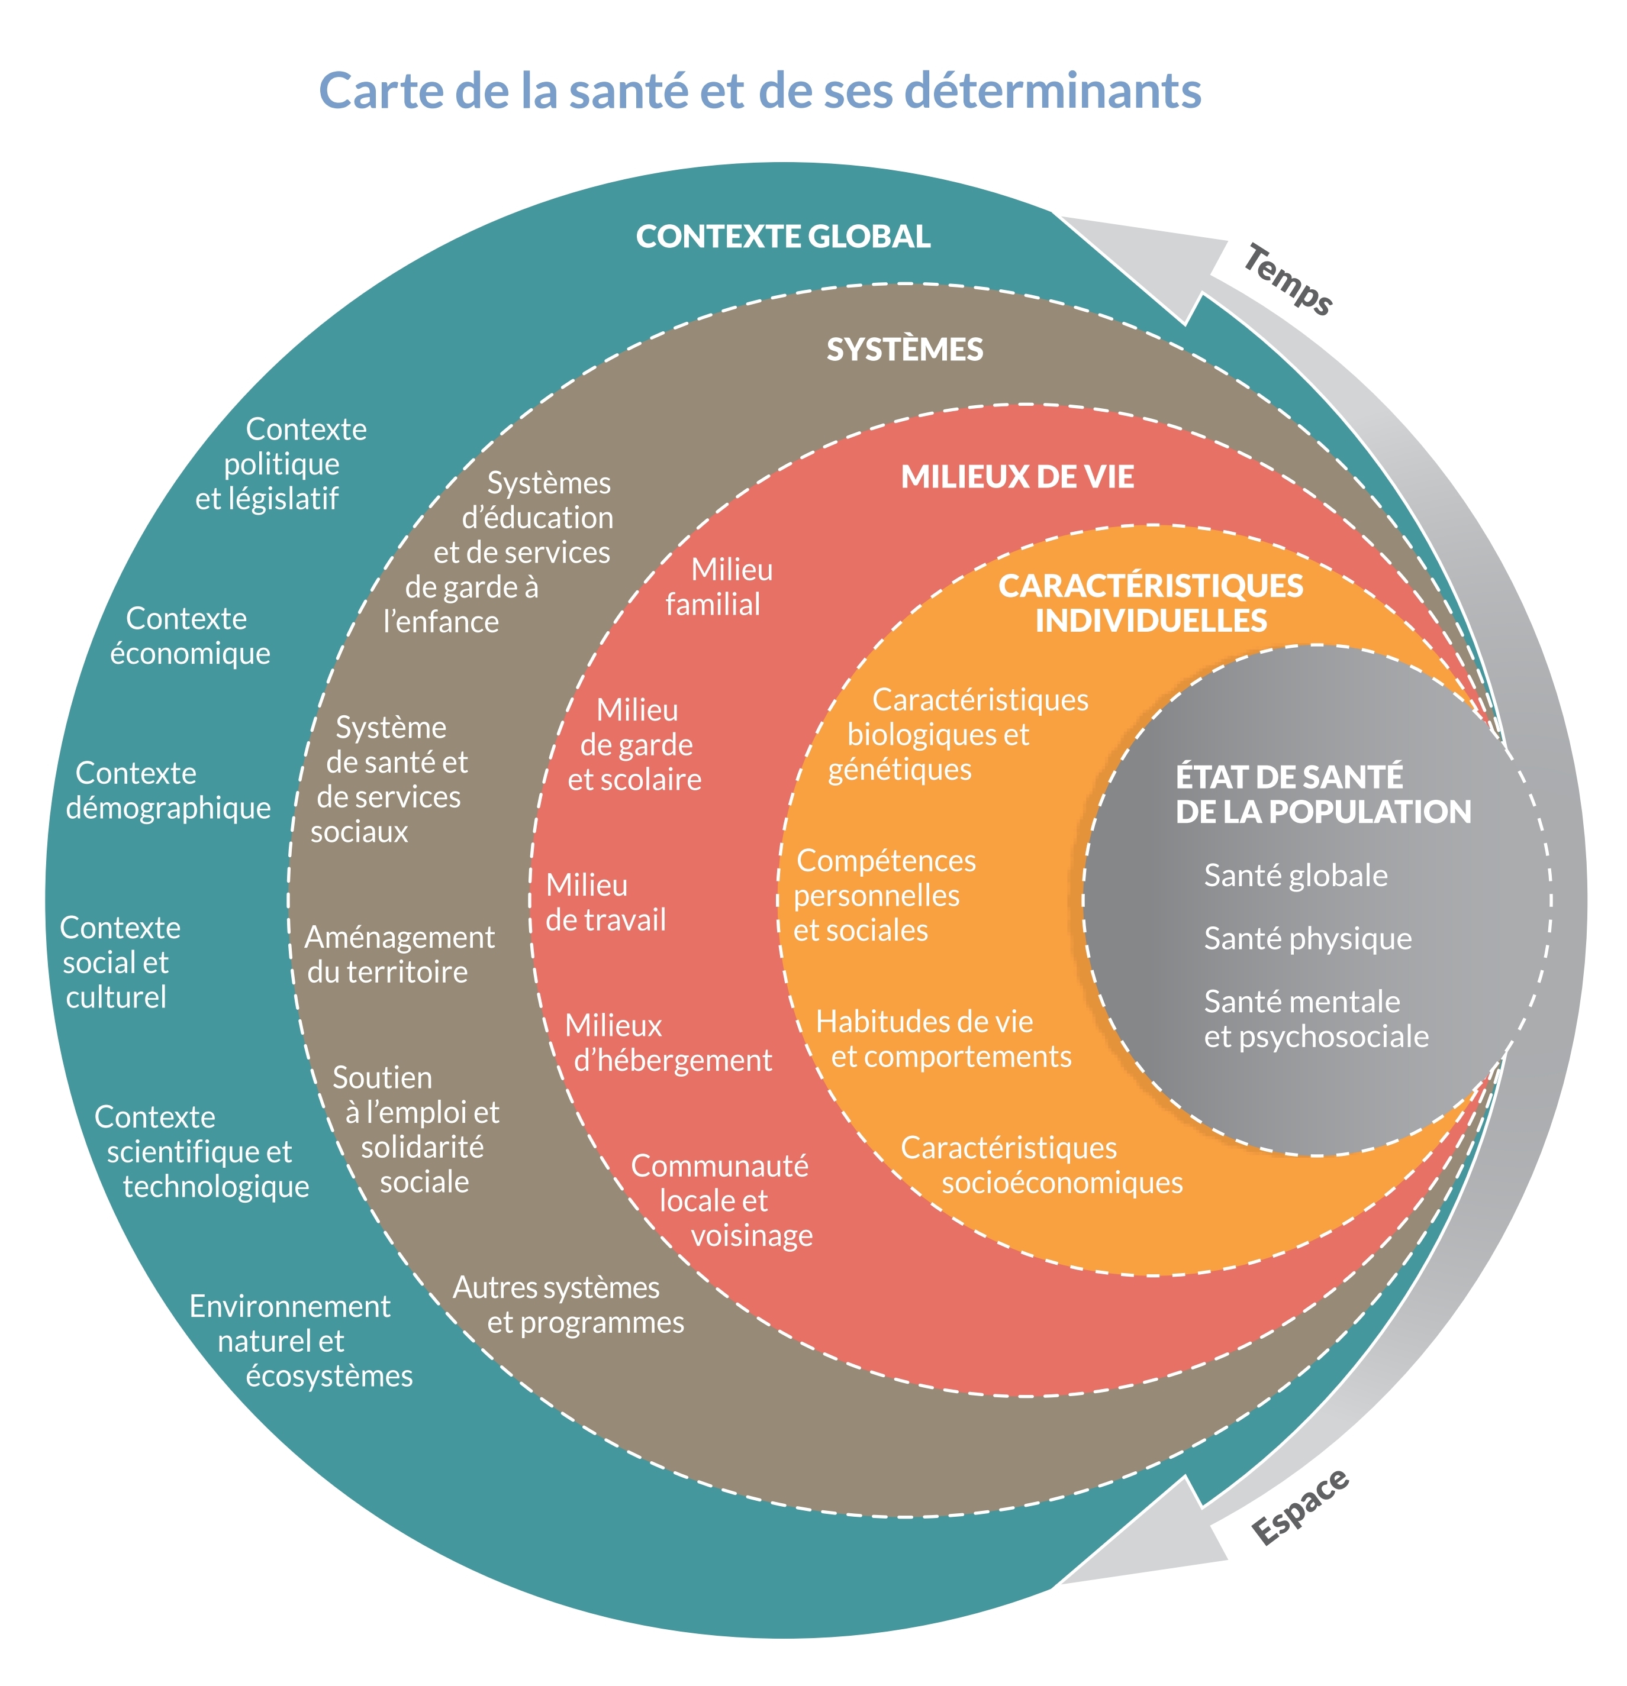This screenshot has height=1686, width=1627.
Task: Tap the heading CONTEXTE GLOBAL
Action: tap(783, 237)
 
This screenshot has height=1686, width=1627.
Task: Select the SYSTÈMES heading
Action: tap(904, 349)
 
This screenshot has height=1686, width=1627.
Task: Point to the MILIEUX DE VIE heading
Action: tap(1017, 477)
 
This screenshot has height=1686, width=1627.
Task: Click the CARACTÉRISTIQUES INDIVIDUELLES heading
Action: tap(1151, 603)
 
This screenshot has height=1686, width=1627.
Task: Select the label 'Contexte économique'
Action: tap(189, 636)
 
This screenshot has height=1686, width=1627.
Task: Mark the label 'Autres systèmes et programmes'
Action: tap(568, 1305)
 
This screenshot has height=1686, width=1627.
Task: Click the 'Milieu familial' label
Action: tap(719, 587)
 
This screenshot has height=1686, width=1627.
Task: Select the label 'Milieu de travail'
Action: tap(605, 902)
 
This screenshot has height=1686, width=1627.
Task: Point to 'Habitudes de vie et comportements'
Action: tap(943, 1039)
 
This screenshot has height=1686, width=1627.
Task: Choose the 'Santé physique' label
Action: tap(1307, 938)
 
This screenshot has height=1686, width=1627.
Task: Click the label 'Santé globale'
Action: tap(1295, 876)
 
